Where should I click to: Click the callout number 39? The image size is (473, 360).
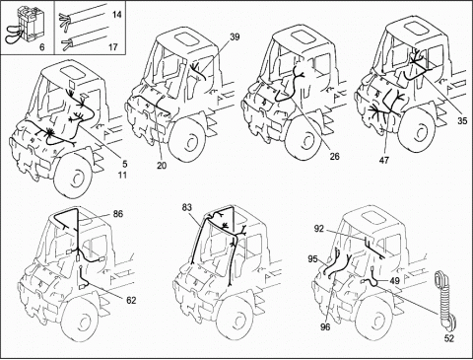[x=235, y=36]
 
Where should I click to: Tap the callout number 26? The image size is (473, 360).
[x=334, y=156]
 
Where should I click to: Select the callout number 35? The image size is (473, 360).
[x=462, y=120]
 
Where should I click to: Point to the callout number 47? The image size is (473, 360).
[x=384, y=160]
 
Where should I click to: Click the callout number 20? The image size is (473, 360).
[x=162, y=166]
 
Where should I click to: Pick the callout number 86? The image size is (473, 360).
[x=118, y=214]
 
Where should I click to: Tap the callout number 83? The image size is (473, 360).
[x=187, y=207]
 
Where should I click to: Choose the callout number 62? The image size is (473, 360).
[x=131, y=300]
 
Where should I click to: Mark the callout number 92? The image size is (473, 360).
[x=318, y=229]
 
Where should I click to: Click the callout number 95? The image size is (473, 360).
[x=313, y=259]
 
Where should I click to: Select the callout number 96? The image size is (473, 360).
[x=325, y=326]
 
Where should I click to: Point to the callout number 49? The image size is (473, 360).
[x=395, y=281]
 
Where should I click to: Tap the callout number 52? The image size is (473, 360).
[x=448, y=338]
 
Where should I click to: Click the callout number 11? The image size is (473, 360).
[x=122, y=175]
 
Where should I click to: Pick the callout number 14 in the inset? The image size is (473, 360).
[x=116, y=15]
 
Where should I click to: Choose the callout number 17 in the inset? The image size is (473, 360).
[x=113, y=47]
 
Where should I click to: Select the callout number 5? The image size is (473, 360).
[x=125, y=164]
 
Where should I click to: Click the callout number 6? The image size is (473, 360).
[x=41, y=47]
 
